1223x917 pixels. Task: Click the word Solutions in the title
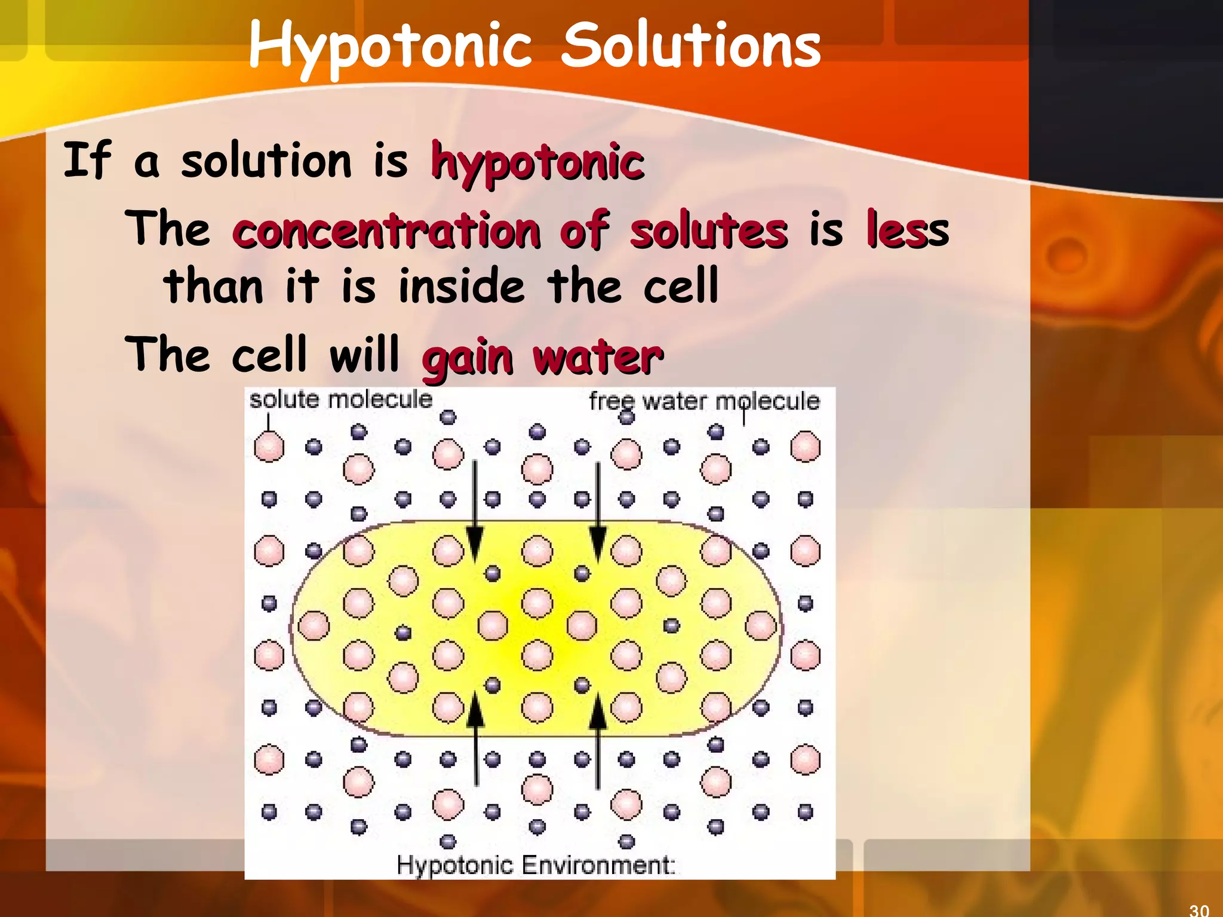[691, 45]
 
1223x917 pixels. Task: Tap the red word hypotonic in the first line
[537, 162]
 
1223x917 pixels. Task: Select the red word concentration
[387, 231]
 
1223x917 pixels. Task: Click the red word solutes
[709, 231]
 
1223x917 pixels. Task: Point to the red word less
[907, 231]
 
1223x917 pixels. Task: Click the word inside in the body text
[462, 286]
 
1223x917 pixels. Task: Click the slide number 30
[1199, 910]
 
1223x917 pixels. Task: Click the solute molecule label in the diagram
[340, 399]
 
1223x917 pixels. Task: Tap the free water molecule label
[704, 401]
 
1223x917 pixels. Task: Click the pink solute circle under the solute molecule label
[269, 447]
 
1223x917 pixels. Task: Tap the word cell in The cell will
[269, 355]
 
